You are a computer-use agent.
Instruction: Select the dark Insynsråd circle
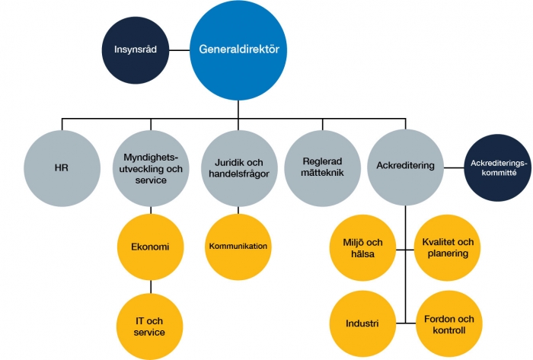click(x=136, y=50)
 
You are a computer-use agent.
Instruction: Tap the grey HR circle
click(x=62, y=168)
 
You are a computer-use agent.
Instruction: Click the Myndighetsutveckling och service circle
click(x=151, y=168)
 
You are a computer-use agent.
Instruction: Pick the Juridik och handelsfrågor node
click(x=239, y=168)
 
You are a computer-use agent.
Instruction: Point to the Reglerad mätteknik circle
click(x=322, y=168)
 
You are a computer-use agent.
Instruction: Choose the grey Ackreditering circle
click(x=406, y=167)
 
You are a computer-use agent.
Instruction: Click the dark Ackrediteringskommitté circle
click(x=498, y=167)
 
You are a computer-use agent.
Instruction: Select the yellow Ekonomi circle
click(x=151, y=247)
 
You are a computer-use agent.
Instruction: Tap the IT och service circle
click(x=149, y=327)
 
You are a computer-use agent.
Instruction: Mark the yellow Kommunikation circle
click(x=238, y=247)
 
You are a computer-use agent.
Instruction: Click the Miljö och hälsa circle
click(x=362, y=248)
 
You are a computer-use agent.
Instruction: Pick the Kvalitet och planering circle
click(x=448, y=248)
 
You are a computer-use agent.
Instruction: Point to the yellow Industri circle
click(x=362, y=324)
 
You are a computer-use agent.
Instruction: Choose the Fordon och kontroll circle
click(x=449, y=324)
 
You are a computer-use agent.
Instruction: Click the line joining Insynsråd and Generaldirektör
click(x=180, y=50)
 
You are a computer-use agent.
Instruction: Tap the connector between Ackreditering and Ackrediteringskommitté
click(x=454, y=167)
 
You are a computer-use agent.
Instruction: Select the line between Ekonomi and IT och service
click(x=151, y=287)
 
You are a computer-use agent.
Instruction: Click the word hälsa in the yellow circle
click(x=362, y=253)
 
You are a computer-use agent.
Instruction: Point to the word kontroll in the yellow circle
click(x=449, y=330)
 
